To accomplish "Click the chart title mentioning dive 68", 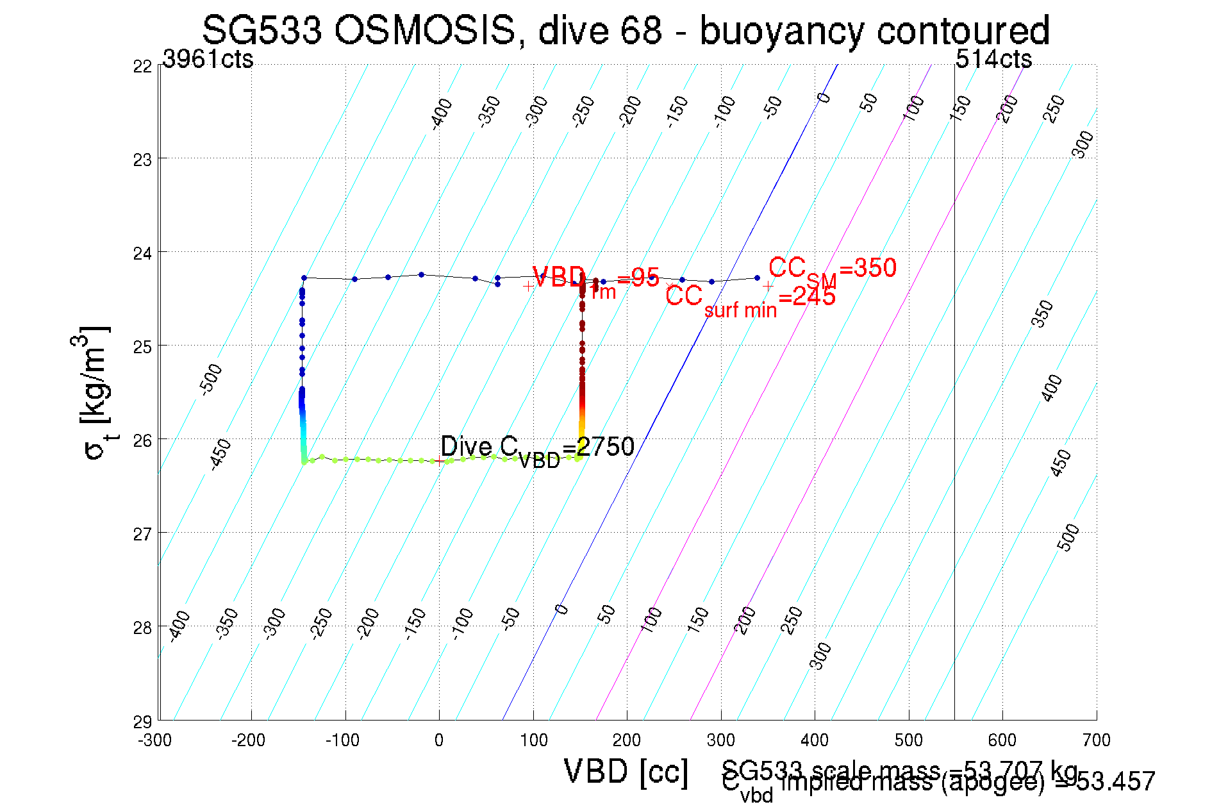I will [x=626, y=30].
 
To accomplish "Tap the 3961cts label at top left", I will [x=208, y=59].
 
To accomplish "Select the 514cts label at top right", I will [x=993, y=59].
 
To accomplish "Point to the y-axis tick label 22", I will [x=142, y=67].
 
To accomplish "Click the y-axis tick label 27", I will [x=142, y=533].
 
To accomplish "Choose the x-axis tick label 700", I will [x=1096, y=740].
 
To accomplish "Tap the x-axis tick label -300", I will [x=154, y=740].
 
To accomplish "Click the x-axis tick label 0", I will [x=438, y=740].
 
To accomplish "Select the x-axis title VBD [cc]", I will [x=626, y=771].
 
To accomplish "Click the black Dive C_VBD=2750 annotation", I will [x=537, y=449].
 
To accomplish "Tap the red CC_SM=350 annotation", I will [x=832, y=269].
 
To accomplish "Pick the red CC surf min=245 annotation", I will [x=750, y=299].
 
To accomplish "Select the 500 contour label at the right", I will [x=1068, y=537].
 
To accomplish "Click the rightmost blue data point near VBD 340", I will [x=757, y=278].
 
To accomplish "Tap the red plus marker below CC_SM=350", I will [x=768, y=287].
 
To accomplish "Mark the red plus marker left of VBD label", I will [x=527, y=287].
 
